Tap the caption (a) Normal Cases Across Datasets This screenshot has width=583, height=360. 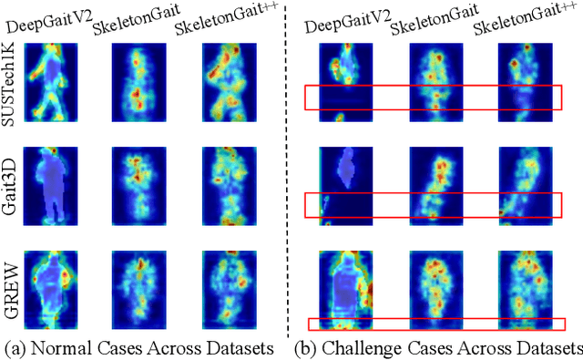[139, 348]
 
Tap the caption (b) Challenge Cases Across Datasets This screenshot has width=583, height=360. [440, 348]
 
